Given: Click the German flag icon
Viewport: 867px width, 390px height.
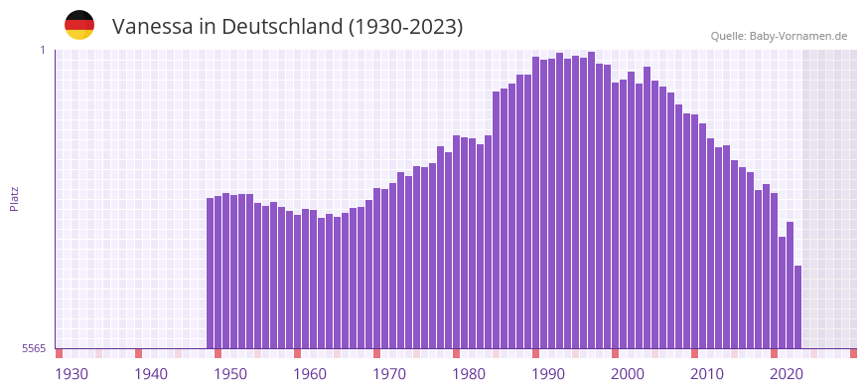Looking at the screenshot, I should [79, 26].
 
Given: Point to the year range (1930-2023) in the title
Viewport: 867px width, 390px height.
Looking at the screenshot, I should [406, 27].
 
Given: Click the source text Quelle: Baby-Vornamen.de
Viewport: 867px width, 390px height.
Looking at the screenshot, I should [779, 36].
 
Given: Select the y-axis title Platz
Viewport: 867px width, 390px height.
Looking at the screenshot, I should [14, 198].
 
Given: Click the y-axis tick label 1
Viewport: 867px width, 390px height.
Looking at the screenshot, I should [43, 50].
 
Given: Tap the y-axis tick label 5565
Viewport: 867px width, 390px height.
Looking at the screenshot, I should [33, 348].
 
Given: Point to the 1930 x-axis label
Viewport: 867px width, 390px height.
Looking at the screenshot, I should [72, 374].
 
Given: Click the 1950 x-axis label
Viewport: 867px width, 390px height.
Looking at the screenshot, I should [230, 374].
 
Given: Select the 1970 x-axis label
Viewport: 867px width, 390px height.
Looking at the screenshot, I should [389, 374].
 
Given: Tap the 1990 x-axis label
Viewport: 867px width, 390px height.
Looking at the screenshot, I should [548, 374].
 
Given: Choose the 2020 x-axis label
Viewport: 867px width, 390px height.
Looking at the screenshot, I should [787, 374].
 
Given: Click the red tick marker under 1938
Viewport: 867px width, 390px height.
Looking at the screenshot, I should [139, 353].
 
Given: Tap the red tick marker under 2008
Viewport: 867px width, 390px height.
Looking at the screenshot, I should [694, 353].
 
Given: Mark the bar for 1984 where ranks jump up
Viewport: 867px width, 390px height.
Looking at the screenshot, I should [497, 219].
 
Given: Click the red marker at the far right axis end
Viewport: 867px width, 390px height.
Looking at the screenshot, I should [853, 353].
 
